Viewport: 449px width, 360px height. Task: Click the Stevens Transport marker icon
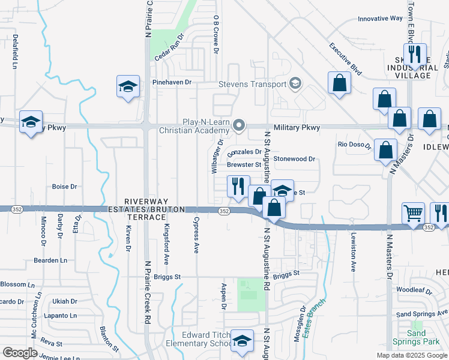point(295,83)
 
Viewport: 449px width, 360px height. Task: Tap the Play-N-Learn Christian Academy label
point(194,125)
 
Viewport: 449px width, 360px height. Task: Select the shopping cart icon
point(413,212)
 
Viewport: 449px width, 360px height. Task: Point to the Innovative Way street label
point(380,19)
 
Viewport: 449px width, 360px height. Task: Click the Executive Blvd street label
point(345,59)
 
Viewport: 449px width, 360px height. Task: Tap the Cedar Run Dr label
point(168,44)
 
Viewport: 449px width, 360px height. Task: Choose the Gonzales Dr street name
point(244,152)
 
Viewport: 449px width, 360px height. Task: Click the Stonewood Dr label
point(294,159)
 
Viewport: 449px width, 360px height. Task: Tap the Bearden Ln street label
point(51,260)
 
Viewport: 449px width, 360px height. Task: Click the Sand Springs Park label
point(417,337)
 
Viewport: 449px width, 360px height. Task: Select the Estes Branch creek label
point(314,317)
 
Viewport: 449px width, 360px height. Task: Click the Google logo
point(20,353)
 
